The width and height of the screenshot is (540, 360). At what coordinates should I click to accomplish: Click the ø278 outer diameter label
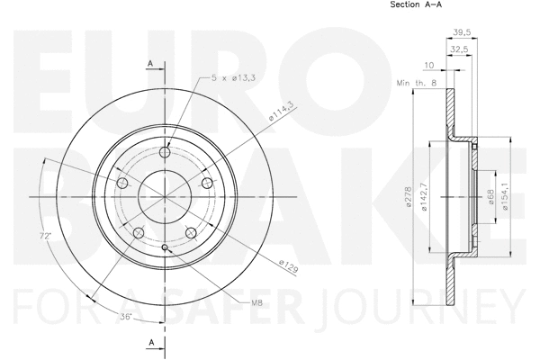click(409, 198)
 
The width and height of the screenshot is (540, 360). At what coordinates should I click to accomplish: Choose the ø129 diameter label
click(288, 266)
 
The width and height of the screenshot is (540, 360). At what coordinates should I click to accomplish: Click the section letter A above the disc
click(151, 62)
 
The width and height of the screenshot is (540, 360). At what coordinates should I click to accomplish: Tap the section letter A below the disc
click(151, 341)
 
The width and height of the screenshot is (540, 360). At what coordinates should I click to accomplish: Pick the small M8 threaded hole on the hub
click(165, 248)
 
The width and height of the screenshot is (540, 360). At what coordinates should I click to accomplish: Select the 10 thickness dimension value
click(428, 66)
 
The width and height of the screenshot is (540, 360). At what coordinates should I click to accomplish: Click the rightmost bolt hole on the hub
click(208, 184)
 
